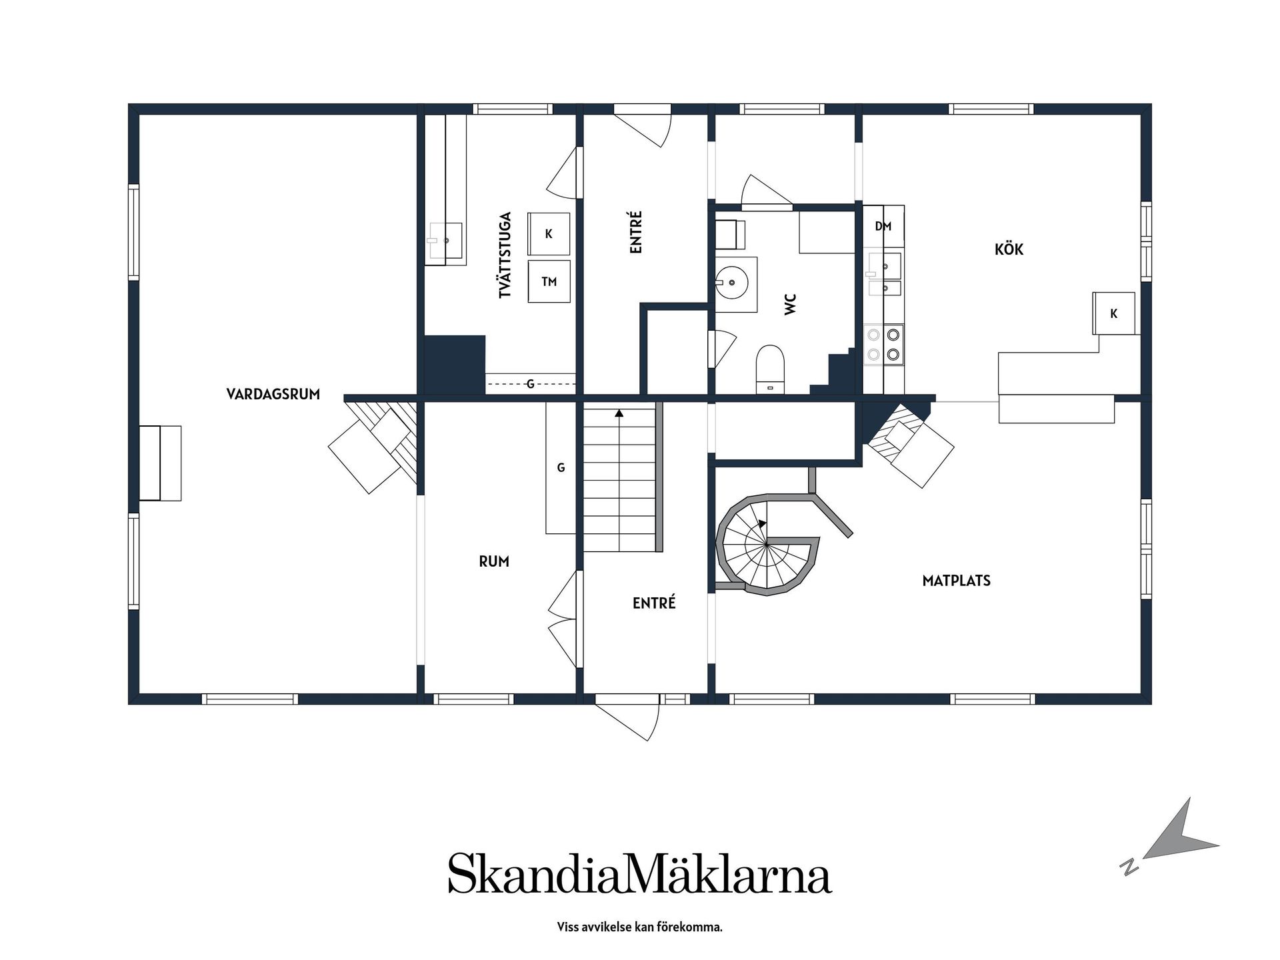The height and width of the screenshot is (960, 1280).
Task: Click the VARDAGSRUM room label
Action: (x=273, y=394)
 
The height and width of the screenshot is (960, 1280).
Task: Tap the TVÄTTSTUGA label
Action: (x=505, y=255)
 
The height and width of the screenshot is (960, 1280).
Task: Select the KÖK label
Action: (x=1009, y=249)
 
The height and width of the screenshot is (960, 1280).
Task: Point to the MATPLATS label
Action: (x=956, y=581)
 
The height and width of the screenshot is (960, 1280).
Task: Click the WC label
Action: (x=791, y=305)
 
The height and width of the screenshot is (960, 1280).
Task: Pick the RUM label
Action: (x=494, y=562)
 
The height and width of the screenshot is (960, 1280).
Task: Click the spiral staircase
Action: (x=767, y=545)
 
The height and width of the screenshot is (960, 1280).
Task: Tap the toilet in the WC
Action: (x=770, y=369)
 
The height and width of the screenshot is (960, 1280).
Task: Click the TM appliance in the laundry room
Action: (x=549, y=281)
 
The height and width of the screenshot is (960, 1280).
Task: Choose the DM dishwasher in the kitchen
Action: (x=883, y=227)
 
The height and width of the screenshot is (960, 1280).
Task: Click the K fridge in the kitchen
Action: (x=1113, y=313)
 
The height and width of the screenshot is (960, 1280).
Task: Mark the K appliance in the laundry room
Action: (x=549, y=234)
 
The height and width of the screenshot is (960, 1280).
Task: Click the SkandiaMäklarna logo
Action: (x=639, y=873)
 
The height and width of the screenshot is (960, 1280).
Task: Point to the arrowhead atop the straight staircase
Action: (x=619, y=413)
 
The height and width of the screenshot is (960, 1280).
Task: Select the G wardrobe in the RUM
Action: (x=561, y=467)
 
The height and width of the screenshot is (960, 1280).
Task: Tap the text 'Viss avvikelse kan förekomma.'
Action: (x=639, y=927)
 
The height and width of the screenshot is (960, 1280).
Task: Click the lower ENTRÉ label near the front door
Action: (x=654, y=603)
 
